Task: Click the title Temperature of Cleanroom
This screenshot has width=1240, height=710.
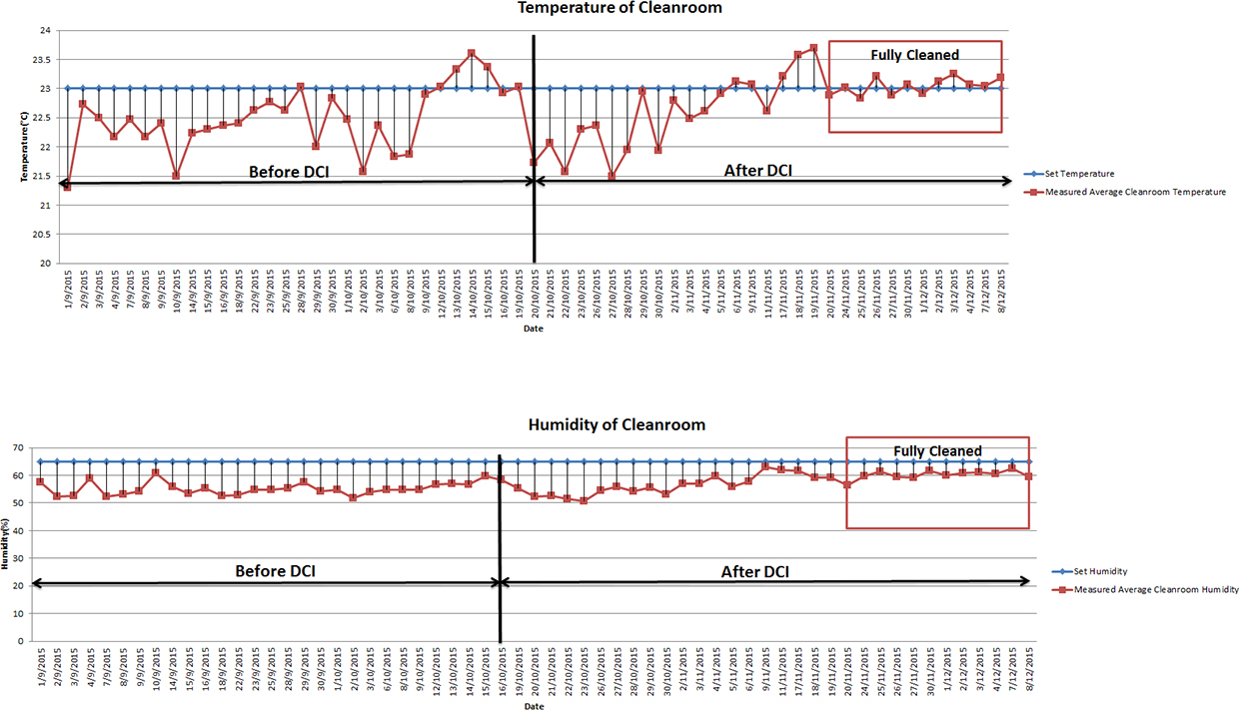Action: [619, 8]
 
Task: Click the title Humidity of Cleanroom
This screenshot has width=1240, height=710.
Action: [617, 424]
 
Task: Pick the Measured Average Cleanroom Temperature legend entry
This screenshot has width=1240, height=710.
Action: [1135, 192]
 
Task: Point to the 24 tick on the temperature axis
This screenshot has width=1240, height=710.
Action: [44, 31]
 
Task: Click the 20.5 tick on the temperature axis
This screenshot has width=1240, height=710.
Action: [40, 235]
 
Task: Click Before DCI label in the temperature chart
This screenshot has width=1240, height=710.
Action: [289, 172]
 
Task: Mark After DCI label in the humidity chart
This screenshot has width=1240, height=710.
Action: [754, 572]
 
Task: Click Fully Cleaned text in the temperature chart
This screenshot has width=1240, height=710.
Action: [914, 55]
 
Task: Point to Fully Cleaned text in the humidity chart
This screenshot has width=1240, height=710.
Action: [937, 451]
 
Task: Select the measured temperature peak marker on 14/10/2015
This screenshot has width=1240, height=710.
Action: [472, 53]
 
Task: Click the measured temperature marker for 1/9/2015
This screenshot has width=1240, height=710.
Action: [67, 187]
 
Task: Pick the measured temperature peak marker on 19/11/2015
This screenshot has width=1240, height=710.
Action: [813, 47]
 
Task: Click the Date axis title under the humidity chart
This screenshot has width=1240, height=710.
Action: [535, 706]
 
